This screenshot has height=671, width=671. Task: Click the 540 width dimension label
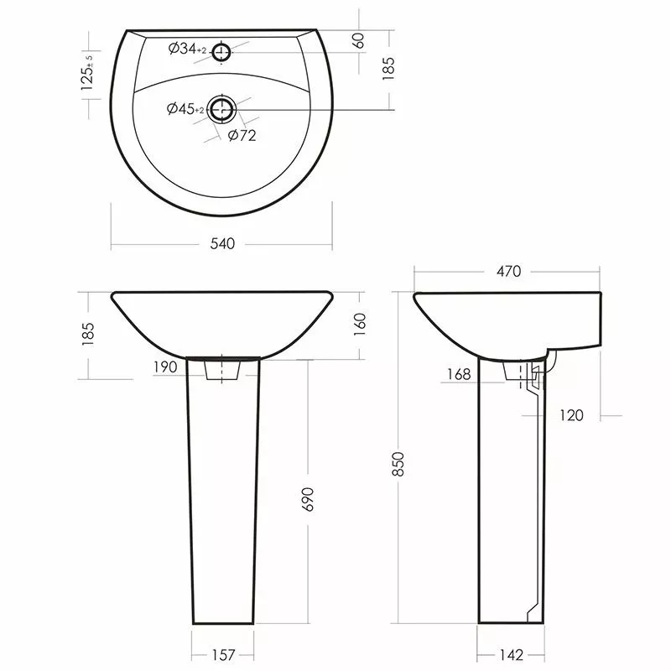coord(222,243)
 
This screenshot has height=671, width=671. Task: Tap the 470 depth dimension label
coord(509,271)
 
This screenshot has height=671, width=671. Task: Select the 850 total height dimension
coord(398,464)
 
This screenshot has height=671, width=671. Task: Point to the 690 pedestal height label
coord(308,499)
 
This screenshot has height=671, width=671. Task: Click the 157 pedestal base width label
coord(223,655)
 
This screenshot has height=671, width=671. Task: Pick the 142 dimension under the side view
coord(511,655)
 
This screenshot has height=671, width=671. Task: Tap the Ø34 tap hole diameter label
coord(187,49)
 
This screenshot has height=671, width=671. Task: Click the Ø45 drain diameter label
coord(185,109)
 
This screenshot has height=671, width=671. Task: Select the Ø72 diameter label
coord(242,136)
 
